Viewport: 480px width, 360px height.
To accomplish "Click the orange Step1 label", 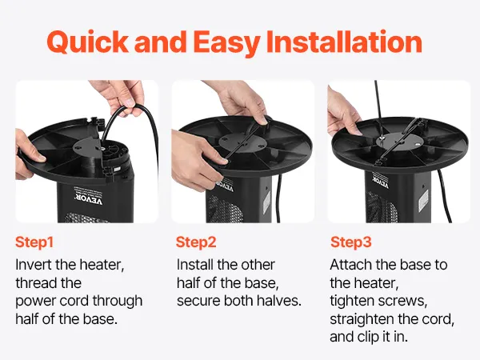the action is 34,242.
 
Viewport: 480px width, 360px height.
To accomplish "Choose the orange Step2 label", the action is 196,242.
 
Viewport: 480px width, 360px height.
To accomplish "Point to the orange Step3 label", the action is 351,242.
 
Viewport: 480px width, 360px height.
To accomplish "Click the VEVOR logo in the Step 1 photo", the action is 89,199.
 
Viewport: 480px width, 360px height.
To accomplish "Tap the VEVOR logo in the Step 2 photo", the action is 224,186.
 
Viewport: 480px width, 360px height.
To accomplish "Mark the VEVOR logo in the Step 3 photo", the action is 381,181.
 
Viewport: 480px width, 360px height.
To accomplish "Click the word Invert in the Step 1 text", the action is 34,265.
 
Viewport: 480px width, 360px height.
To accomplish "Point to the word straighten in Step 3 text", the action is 362,319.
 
